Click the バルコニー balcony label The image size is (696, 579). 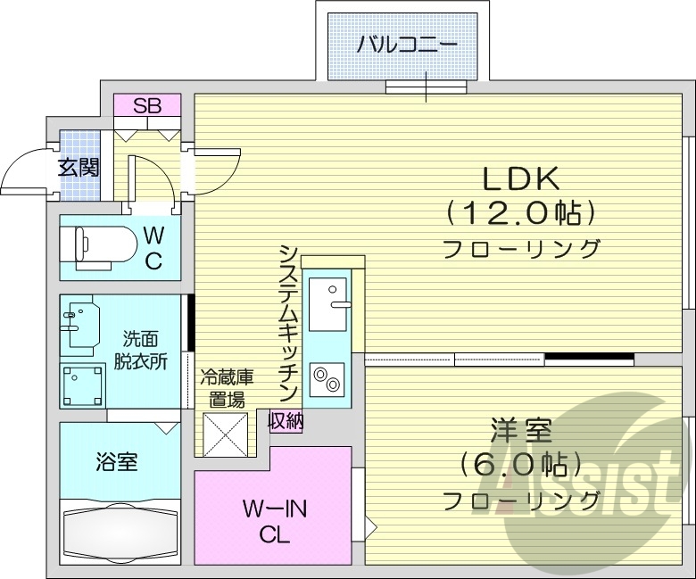tap(407, 44)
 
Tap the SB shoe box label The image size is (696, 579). tap(147, 105)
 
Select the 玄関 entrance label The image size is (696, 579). tap(79, 167)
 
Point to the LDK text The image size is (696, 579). tap(521, 178)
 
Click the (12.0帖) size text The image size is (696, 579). tap(521, 212)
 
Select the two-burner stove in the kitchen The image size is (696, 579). tap(327, 379)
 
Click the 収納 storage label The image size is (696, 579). tap(286, 420)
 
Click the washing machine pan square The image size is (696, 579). tap(82, 385)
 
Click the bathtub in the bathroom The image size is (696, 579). tap(118, 534)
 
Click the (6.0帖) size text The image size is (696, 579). tap(520, 466)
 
